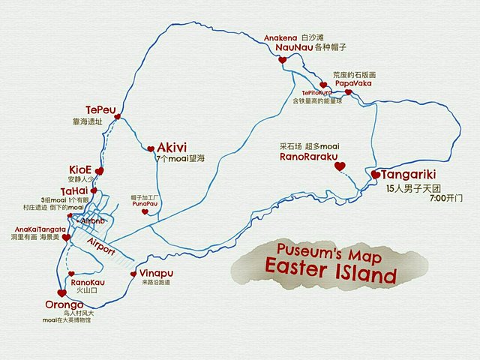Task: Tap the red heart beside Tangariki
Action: coord(376,175)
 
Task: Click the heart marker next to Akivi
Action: coord(151,148)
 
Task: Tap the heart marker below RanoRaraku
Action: coord(339,166)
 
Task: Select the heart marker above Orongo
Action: coord(61,293)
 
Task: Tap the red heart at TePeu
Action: coord(118,116)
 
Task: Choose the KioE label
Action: coord(80,169)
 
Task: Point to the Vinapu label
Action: coord(155,273)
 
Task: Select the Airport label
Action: coord(100,247)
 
